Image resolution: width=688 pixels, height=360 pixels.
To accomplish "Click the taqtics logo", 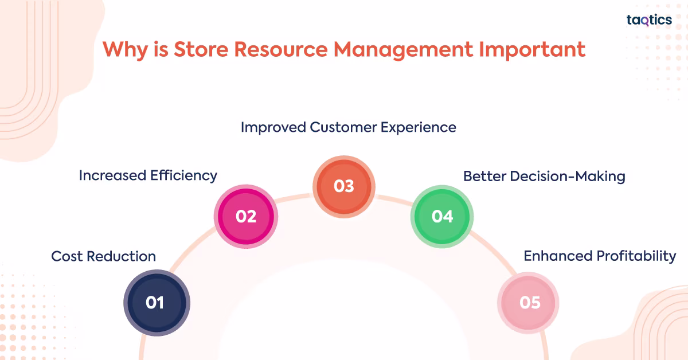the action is pos(649,20).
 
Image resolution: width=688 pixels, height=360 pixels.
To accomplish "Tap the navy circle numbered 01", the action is pos(157,303).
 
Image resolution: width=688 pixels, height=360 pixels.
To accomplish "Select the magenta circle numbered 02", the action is pos(246,217).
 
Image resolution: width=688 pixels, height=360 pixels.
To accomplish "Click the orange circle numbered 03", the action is pos(344,186).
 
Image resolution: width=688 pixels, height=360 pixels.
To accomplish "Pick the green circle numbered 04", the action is pos(442,217).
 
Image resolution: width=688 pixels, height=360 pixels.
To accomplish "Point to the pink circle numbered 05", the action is pos(528,303).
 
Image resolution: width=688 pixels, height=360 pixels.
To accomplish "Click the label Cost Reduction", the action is pos(104,256).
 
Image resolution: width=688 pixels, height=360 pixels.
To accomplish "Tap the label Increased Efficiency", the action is pos(148,176).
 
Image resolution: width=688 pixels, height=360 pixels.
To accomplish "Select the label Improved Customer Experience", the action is pos(349,127).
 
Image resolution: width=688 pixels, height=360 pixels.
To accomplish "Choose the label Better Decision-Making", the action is pos(544,177).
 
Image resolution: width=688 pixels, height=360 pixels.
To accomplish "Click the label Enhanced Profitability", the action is pos(600,256).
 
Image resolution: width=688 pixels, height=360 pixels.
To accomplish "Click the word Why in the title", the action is pos(126,50).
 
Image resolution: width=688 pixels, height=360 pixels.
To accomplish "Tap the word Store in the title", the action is pos(201,49).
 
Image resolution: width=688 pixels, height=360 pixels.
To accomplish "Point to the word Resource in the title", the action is pos(281,49).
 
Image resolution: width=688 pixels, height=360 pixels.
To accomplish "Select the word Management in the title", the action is pos(403,50).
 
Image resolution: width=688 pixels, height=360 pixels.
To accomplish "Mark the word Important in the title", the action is pos(532,50).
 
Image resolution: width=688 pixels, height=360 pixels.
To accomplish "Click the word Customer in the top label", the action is pos(343,127).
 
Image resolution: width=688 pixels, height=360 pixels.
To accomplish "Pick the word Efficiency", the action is pos(183,176).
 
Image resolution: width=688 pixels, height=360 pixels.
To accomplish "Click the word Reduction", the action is pos(122,256).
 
